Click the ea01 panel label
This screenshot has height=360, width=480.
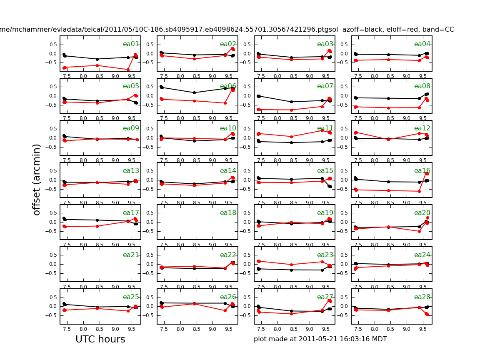click(131, 44)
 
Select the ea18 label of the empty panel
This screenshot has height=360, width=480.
click(228, 213)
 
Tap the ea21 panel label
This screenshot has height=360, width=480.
click(131, 255)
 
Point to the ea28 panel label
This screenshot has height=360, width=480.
click(422, 297)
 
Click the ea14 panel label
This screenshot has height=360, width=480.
click(228, 171)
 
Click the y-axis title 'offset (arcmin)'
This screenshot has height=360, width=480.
click(37, 180)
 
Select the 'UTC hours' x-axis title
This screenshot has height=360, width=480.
click(100, 340)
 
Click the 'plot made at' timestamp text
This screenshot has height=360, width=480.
click(320, 339)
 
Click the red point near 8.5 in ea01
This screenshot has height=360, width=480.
click(97, 65)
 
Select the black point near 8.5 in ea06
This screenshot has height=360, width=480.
click(194, 92)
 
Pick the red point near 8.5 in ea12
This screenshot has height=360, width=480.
click(388, 140)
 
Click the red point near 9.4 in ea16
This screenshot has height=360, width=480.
click(419, 191)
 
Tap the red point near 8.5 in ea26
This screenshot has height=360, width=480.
click(194, 304)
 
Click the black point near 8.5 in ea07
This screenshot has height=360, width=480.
click(291, 102)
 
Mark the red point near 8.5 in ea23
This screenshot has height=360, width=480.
click(291, 265)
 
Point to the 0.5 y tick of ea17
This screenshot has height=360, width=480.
click(53, 212)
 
